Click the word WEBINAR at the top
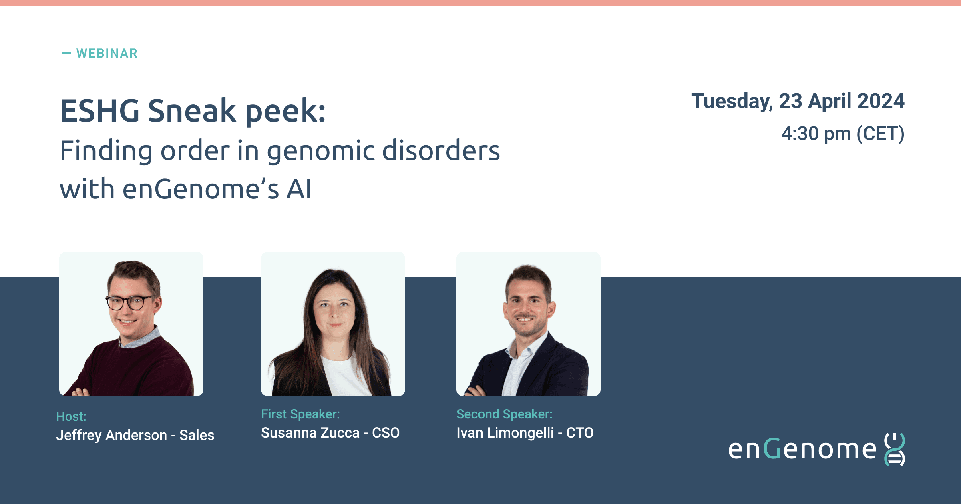pyautogui.click(x=107, y=53)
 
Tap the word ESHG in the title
pyautogui.click(x=100, y=111)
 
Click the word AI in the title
pyautogui.click(x=298, y=189)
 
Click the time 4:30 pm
pyautogui.click(x=816, y=134)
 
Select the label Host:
pyautogui.click(x=71, y=416)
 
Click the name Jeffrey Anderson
pyautogui.click(x=111, y=435)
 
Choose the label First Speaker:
pyautogui.click(x=300, y=414)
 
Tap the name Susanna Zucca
pyautogui.click(x=310, y=433)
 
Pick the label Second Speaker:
pyautogui.click(x=505, y=414)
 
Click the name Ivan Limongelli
pyautogui.click(x=505, y=433)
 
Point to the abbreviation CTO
pyautogui.click(x=580, y=433)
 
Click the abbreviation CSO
pyautogui.click(x=386, y=433)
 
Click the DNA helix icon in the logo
pyautogui.click(x=895, y=449)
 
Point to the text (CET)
pyautogui.click(x=881, y=134)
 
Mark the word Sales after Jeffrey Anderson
pyautogui.click(x=197, y=435)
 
